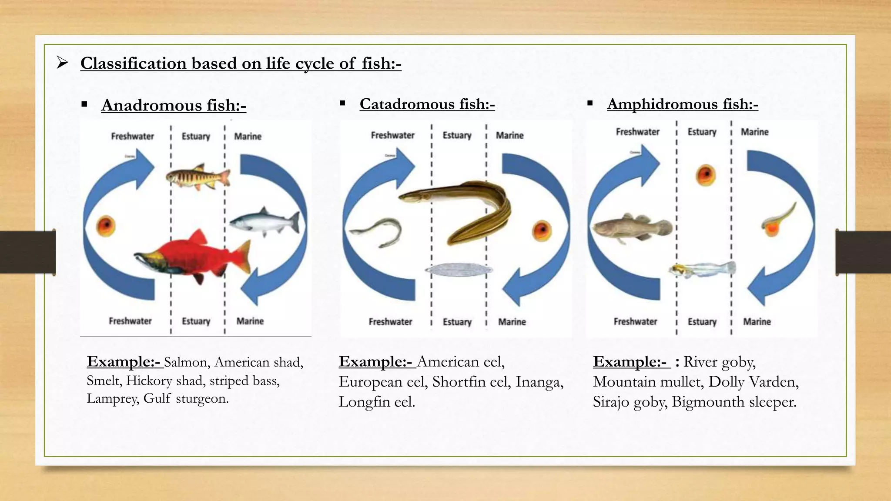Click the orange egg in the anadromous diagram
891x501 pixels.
click(x=106, y=226)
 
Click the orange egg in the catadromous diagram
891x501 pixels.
click(x=542, y=230)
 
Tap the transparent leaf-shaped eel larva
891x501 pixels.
click(x=459, y=270)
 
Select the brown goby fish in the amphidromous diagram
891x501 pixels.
click(x=631, y=228)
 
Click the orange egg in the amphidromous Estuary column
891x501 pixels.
click(x=705, y=175)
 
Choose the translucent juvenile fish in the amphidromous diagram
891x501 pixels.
click(x=702, y=270)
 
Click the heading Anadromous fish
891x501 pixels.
click(x=174, y=105)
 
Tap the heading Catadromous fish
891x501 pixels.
click(x=427, y=104)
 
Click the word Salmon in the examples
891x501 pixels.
click(x=186, y=362)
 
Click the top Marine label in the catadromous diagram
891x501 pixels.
click(x=509, y=135)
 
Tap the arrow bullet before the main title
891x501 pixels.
click(x=63, y=63)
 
